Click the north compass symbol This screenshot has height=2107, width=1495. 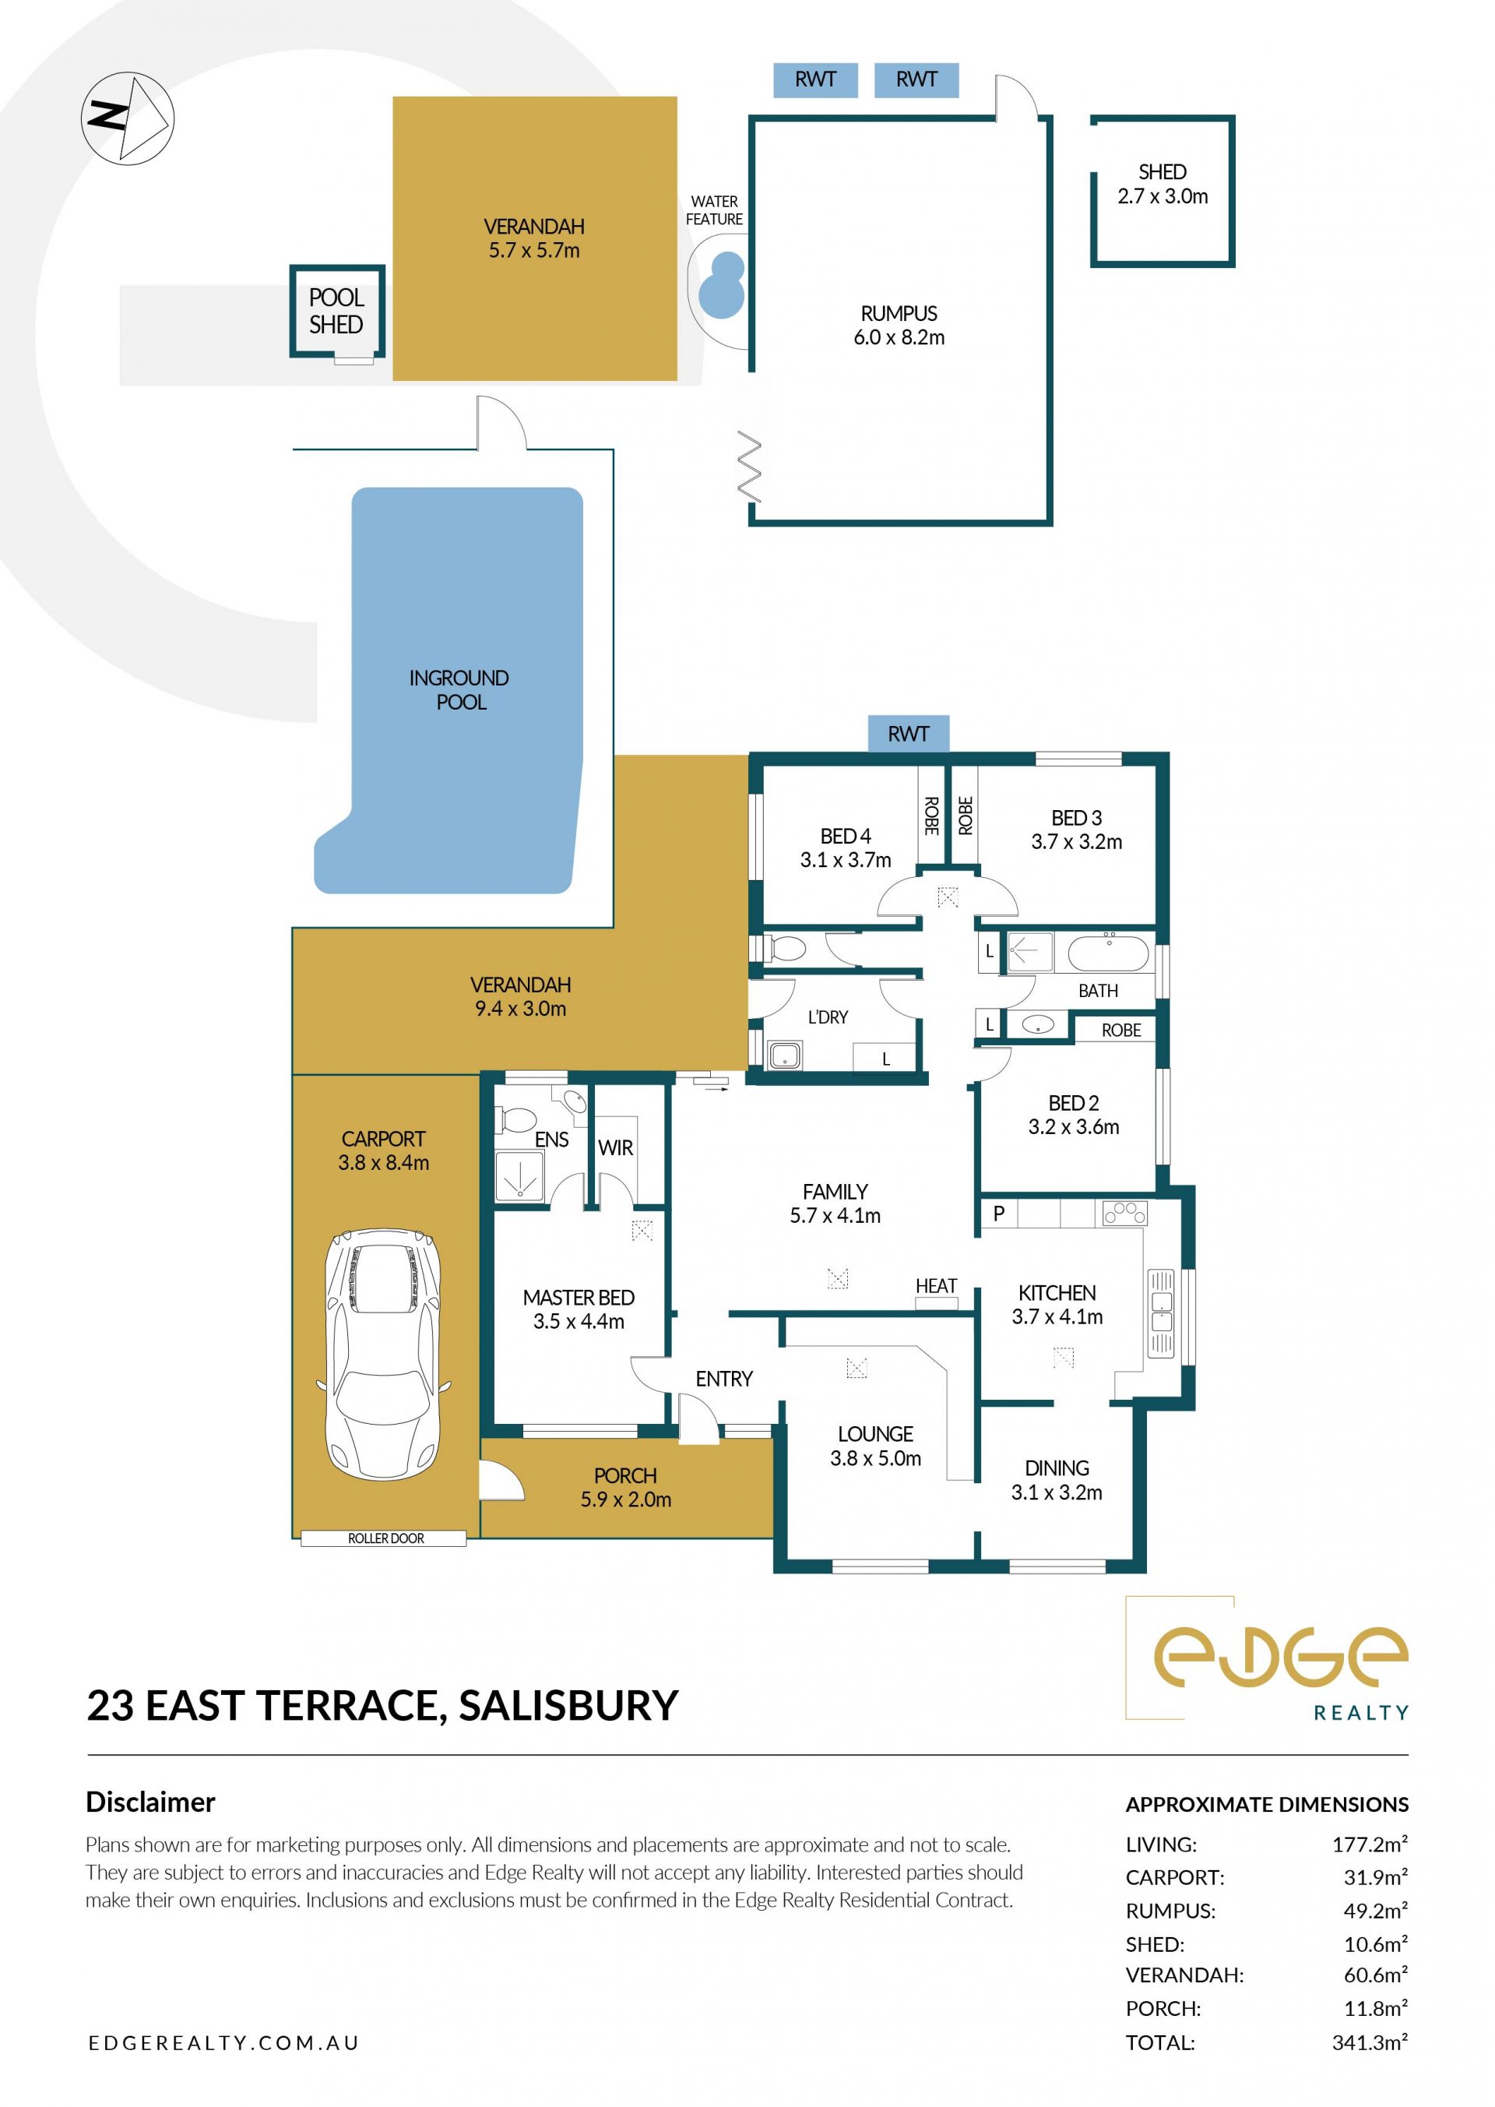pyautogui.click(x=128, y=119)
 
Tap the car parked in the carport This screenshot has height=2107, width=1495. pyautogui.click(x=383, y=1355)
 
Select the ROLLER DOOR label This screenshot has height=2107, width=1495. pyautogui.click(x=385, y=1538)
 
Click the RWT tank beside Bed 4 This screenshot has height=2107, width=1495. pyautogui.click(x=908, y=734)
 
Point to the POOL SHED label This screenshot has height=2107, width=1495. pyautogui.click(x=336, y=312)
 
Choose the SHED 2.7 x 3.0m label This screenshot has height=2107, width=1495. pyautogui.click(x=1163, y=184)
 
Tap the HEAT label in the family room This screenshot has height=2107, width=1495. pyautogui.click(x=936, y=1285)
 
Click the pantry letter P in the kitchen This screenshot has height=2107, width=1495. pyautogui.click(x=999, y=1214)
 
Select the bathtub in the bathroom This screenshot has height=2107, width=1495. pyautogui.click(x=1108, y=953)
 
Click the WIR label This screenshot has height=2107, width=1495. pyautogui.click(x=615, y=1148)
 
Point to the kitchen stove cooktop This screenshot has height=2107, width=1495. pyautogui.click(x=1125, y=1213)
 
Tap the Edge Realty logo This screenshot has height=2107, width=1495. pyautogui.click(x=1267, y=1659)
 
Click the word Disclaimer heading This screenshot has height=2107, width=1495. pyautogui.click(x=150, y=1802)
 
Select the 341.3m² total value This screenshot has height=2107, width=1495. pyautogui.click(x=1370, y=2042)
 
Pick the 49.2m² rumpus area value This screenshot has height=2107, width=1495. pyautogui.click(x=1375, y=1911)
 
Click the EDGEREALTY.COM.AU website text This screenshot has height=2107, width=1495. pyautogui.click(x=223, y=2042)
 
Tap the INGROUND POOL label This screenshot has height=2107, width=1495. pyautogui.click(x=459, y=690)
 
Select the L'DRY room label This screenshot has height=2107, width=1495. pyautogui.click(x=828, y=1017)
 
